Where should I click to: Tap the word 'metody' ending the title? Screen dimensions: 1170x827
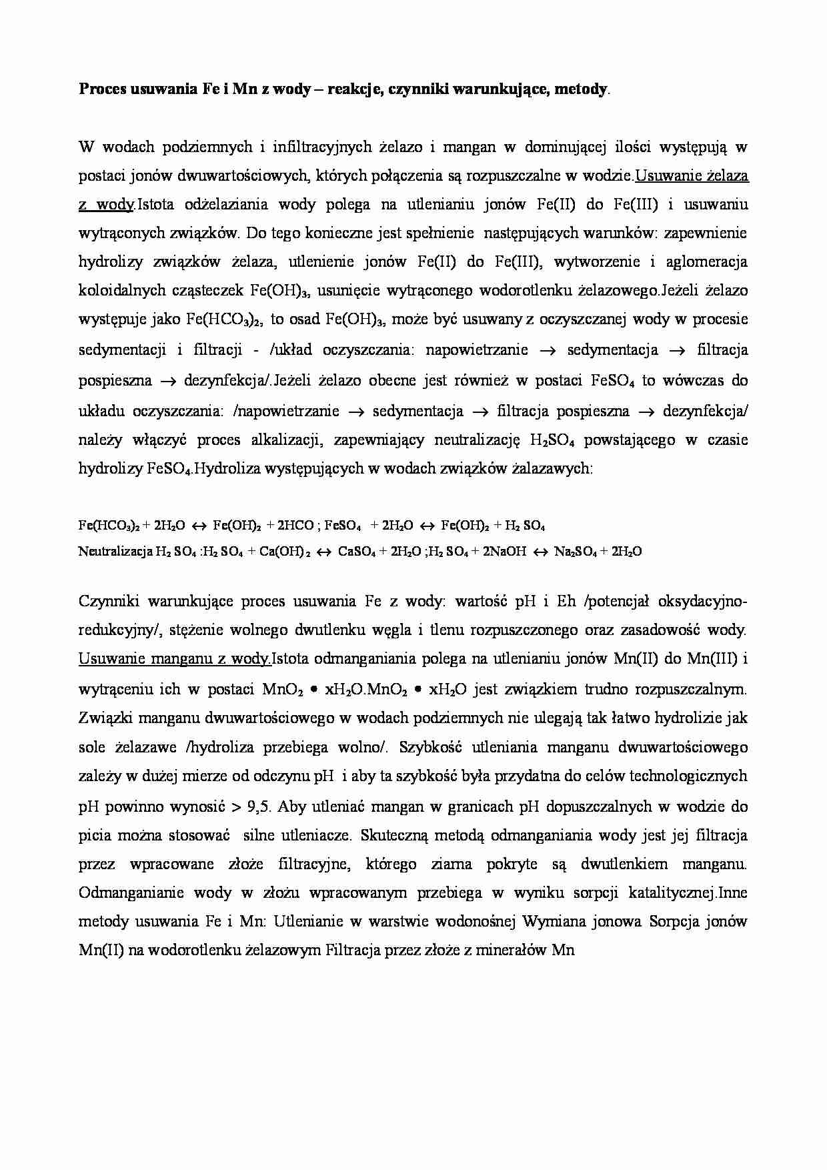(x=584, y=90)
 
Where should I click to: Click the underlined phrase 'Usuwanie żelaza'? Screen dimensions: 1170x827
(x=692, y=176)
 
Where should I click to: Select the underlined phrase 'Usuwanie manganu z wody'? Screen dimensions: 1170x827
(x=174, y=659)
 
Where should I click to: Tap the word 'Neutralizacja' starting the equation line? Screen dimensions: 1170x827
(x=115, y=552)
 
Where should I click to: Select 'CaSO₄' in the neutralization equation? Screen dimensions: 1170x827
(x=357, y=552)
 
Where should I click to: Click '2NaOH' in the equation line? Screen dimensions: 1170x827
(x=500, y=552)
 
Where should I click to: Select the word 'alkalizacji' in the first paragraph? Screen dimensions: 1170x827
(x=287, y=440)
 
